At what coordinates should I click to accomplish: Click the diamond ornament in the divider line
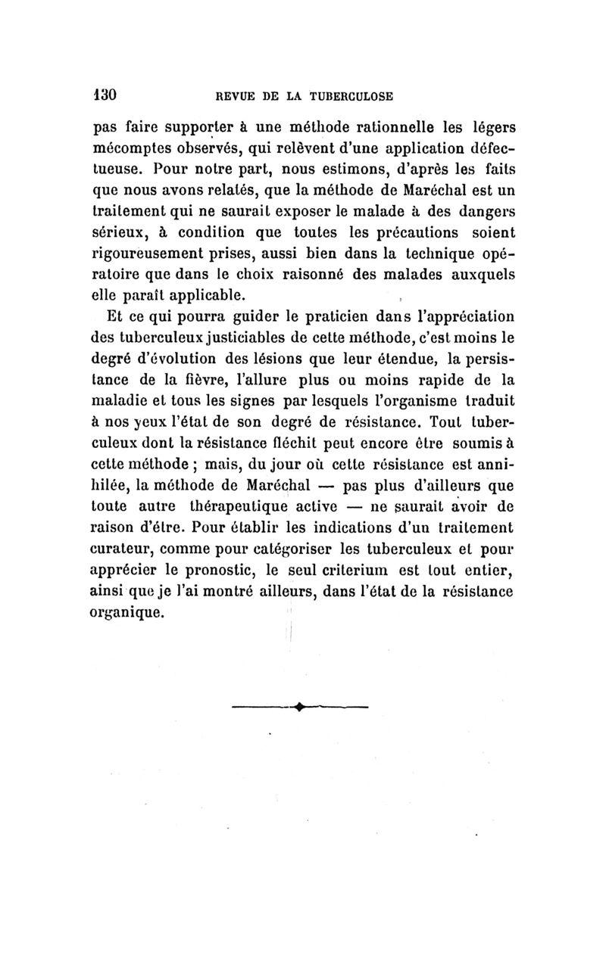tap(301, 708)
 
